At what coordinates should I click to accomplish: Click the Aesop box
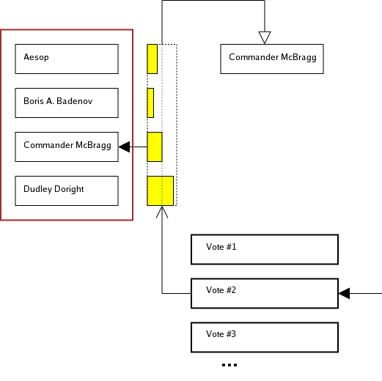(x=67, y=59)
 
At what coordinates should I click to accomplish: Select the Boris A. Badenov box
(x=67, y=103)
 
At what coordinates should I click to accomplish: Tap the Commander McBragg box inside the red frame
(x=67, y=147)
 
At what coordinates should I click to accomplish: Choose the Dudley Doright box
(x=67, y=190)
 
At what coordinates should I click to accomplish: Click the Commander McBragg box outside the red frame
(x=272, y=59)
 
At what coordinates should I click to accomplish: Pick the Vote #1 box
(x=265, y=249)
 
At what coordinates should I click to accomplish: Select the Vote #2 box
(x=265, y=293)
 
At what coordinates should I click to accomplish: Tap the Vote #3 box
(x=265, y=337)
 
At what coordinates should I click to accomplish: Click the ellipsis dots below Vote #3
(x=229, y=364)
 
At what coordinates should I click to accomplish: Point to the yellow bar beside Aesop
(x=152, y=59)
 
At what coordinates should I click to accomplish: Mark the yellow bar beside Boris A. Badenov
(x=150, y=103)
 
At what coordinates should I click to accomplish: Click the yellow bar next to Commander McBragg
(x=154, y=147)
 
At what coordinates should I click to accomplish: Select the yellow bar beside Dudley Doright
(x=160, y=190)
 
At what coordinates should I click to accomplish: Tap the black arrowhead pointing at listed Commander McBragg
(x=124, y=147)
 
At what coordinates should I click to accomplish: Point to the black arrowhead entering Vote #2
(x=344, y=294)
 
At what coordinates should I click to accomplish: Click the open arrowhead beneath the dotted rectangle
(x=162, y=212)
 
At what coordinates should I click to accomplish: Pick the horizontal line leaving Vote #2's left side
(x=177, y=294)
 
